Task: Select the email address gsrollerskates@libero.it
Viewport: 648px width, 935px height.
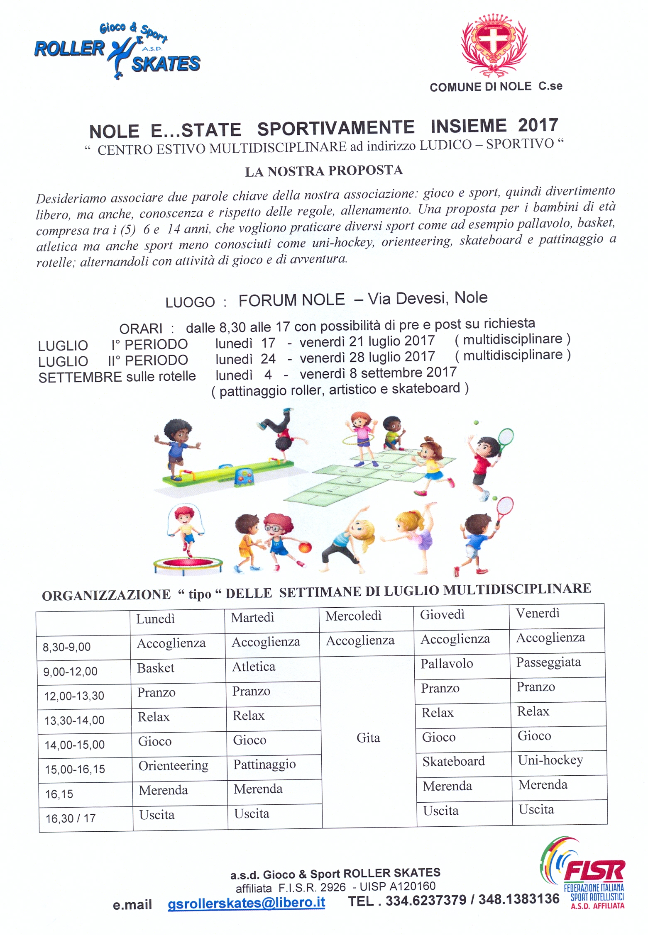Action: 246,903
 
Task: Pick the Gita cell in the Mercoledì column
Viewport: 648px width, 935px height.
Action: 368,738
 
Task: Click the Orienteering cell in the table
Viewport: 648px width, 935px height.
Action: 173,765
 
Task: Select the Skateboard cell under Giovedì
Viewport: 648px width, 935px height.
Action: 453,761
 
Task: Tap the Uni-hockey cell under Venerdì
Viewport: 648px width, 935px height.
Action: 550,760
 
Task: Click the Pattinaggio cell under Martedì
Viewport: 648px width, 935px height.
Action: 264,764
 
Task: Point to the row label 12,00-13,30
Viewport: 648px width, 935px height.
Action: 74,696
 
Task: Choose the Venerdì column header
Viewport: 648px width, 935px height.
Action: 538,613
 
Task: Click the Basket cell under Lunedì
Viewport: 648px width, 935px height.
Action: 156,668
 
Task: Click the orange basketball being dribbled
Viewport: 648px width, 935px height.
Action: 305,548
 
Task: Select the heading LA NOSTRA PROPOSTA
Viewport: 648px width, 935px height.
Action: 324,171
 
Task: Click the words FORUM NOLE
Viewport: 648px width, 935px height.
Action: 291,300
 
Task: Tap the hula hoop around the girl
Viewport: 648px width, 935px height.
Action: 360,439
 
